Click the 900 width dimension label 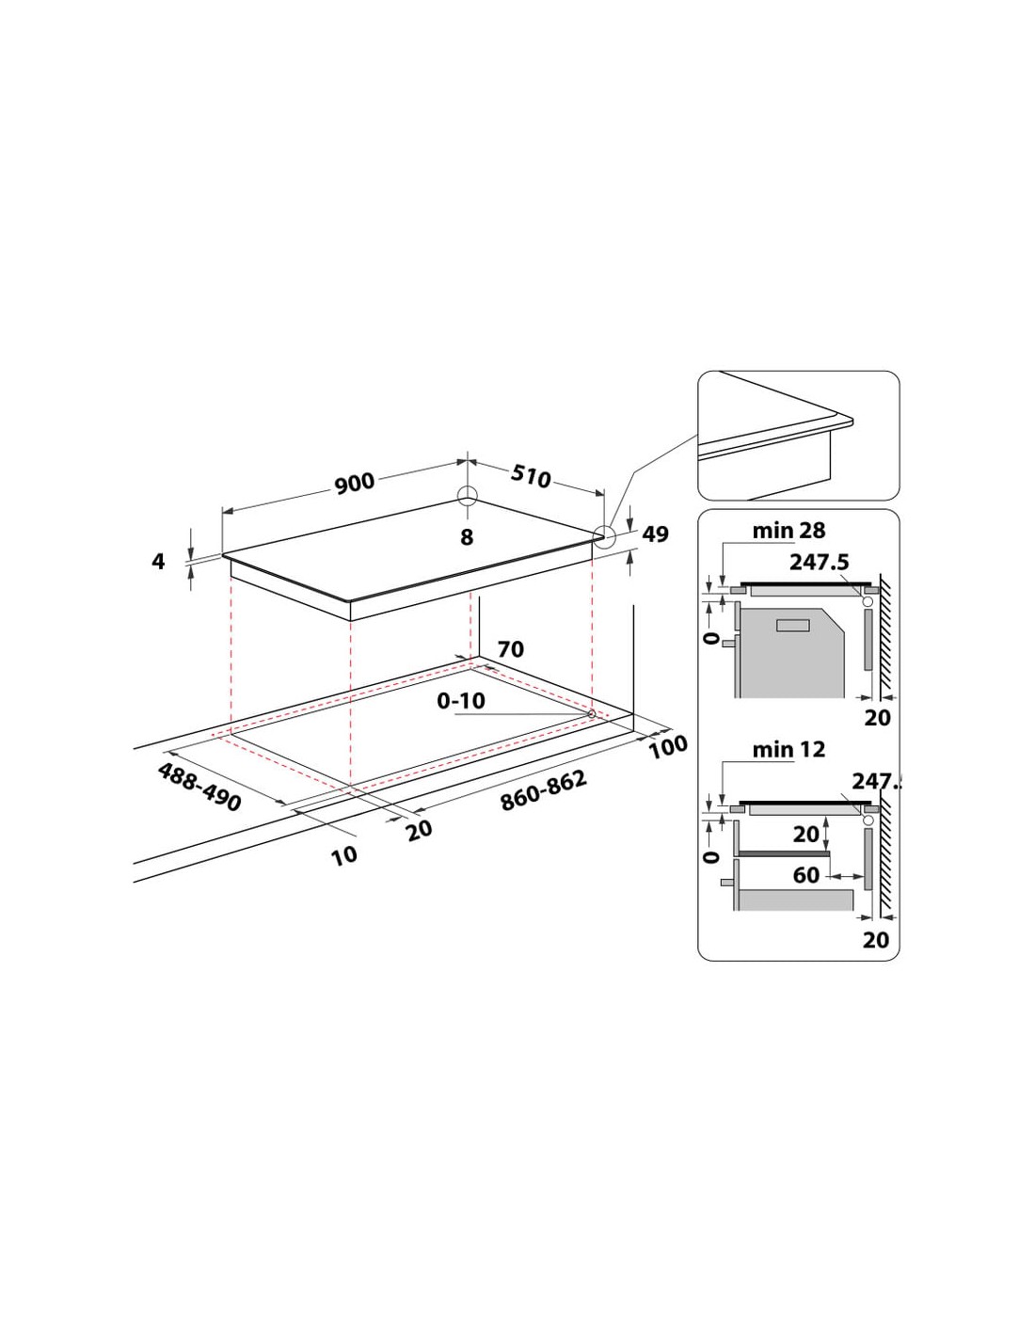point(355,482)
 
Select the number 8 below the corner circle point(468,537)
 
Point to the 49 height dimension point(655,534)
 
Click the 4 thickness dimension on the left point(159,561)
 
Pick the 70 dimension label point(510,649)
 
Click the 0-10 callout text point(461,700)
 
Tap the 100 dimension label point(668,747)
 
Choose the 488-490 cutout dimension point(199,787)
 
